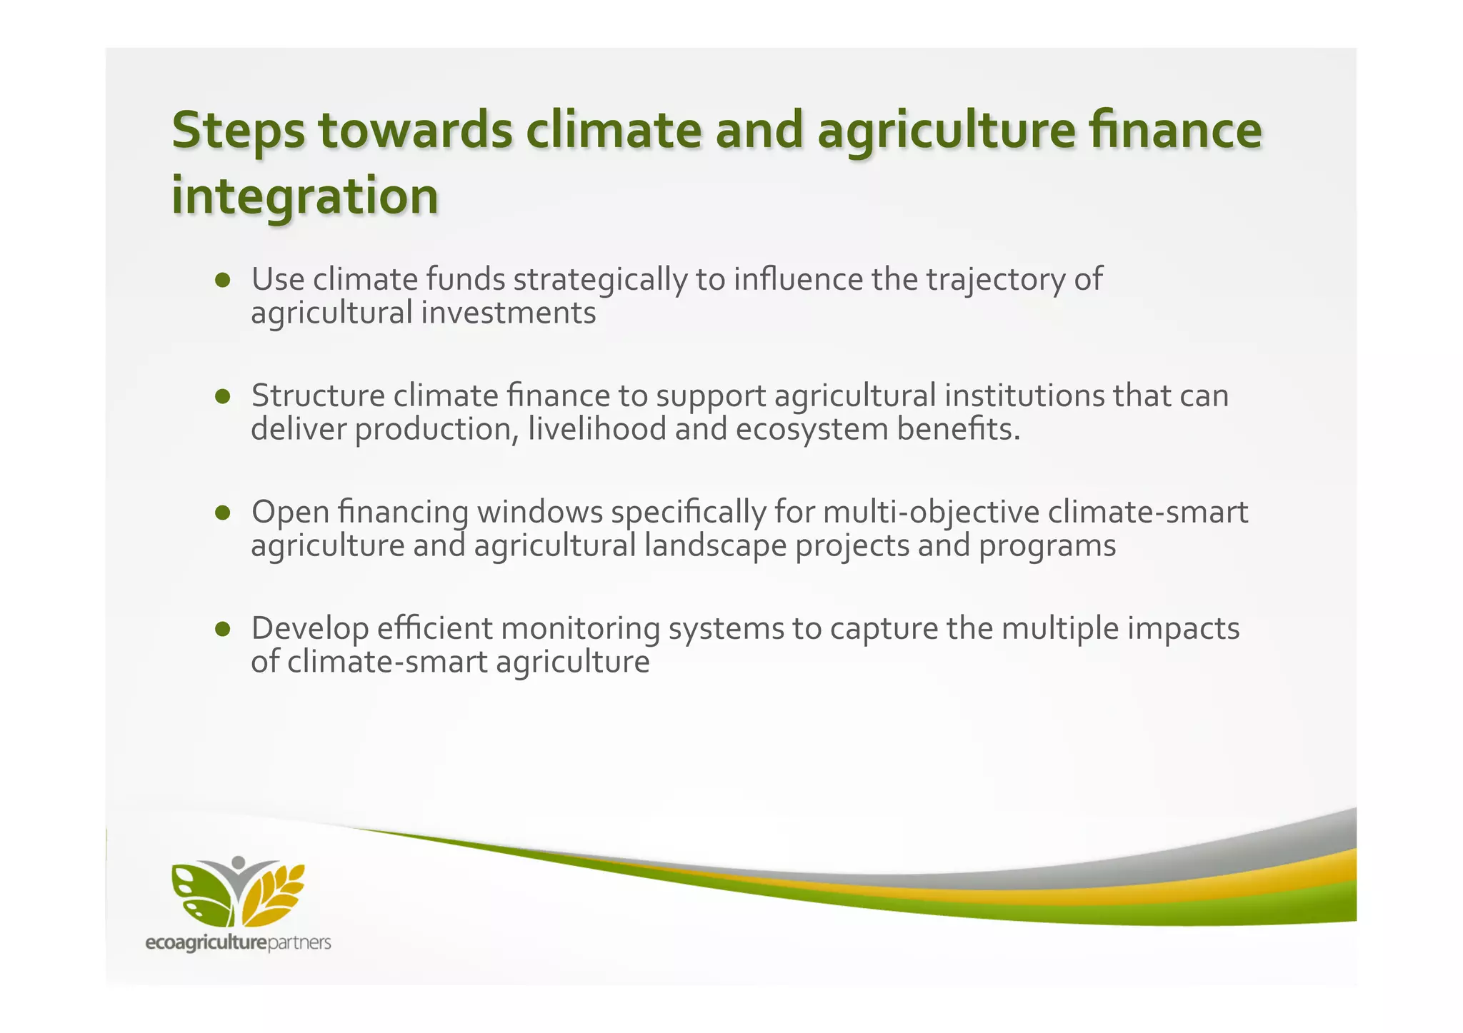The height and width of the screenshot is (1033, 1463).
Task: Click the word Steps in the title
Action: coord(239,131)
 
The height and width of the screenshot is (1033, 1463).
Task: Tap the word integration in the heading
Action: coord(305,196)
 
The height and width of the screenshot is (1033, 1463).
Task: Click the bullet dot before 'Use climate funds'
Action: coord(223,280)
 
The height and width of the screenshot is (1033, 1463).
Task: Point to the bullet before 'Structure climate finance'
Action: coord(223,396)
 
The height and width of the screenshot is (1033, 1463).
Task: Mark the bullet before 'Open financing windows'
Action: coord(223,513)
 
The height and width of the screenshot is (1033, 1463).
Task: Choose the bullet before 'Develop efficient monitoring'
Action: coord(223,629)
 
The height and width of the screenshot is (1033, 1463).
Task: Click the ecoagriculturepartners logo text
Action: coord(238,943)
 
